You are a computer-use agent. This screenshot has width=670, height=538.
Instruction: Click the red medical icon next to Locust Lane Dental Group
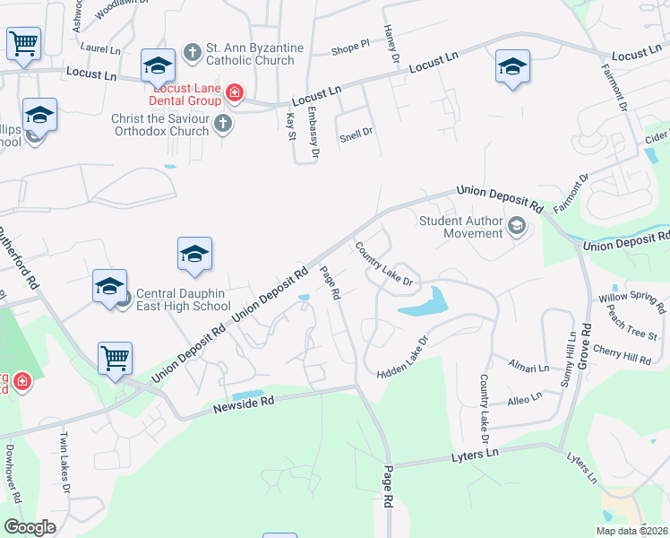235,92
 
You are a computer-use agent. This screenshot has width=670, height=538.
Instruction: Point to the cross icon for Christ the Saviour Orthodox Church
223,124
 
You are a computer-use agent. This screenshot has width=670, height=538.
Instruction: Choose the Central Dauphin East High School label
183,299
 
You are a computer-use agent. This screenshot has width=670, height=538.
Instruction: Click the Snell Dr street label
356,135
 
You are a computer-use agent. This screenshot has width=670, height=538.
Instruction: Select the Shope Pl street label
350,46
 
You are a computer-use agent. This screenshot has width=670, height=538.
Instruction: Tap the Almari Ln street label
528,368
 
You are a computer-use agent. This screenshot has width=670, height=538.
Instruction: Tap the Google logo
30,527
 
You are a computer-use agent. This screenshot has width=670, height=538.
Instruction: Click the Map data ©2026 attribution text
631,531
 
